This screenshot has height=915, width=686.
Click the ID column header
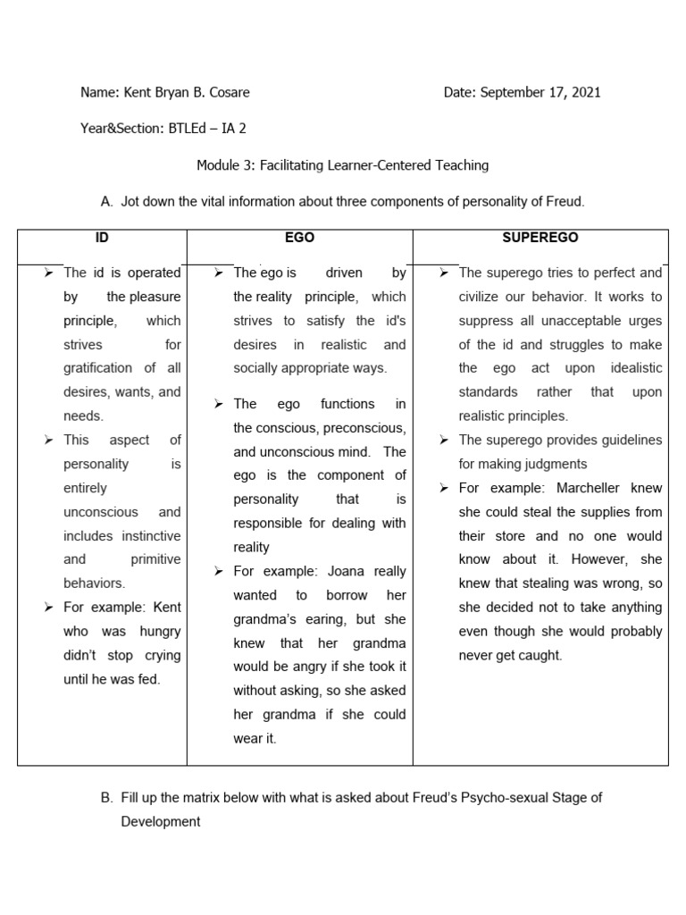click(102, 238)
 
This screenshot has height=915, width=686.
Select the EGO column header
click(299, 238)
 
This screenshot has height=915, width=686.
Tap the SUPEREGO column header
click(540, 238)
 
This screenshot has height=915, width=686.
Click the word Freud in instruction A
click(565, 201)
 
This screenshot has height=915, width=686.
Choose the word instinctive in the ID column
click(145, 535)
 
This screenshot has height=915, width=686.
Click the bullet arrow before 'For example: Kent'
click(49, 608)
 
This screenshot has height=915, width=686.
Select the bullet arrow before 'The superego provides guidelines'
click(444, 440)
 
